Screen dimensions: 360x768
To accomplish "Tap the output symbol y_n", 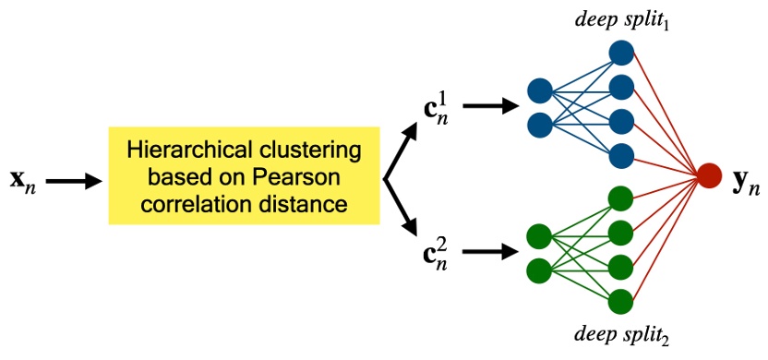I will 745,182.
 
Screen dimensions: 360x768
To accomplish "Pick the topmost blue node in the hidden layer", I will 621,53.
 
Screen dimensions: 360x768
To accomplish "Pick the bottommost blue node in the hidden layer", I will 621,155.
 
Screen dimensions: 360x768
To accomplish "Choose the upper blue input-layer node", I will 540,90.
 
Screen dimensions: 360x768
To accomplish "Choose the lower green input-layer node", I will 540,270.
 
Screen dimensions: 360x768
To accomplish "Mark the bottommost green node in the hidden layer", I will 621,301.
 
